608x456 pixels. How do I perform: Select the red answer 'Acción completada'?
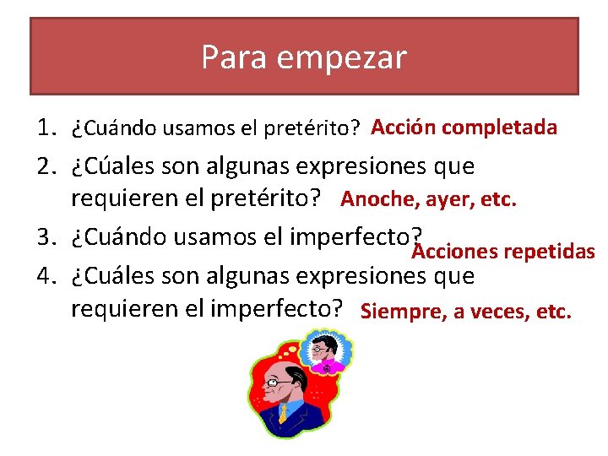[x=464, y=128]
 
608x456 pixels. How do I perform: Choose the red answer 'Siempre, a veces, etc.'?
[x=465, y=312]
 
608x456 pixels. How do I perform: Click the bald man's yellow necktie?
[x=283, y=413]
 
